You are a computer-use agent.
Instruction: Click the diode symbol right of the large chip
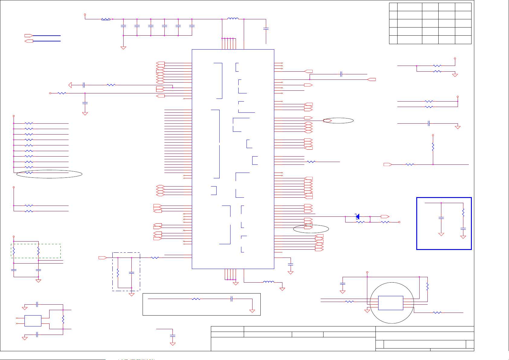(357, 216)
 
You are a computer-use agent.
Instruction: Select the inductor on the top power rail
(233, 19)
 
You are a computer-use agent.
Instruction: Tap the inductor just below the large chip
(269, 282)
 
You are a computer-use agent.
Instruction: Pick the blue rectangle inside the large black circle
(391, 303)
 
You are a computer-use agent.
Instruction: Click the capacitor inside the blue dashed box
(131, 273)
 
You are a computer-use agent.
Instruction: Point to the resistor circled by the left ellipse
(29, 173)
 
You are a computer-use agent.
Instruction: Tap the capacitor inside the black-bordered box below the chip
(231, 299)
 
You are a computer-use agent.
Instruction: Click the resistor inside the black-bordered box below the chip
(196, 299)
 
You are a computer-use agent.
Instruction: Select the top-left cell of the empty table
(393, 7)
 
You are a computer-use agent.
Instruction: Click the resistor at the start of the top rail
(106, 19)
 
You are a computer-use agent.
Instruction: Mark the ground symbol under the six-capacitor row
(123, 47)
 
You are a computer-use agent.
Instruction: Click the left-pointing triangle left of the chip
(70, 85)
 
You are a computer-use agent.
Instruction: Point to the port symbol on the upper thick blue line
(28, 36)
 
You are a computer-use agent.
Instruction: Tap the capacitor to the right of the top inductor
(266, 29)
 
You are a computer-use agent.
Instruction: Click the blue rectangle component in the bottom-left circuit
(33, 321)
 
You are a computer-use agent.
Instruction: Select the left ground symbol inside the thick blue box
(441, 234)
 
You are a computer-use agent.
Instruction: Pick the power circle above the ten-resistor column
(14, 116)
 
